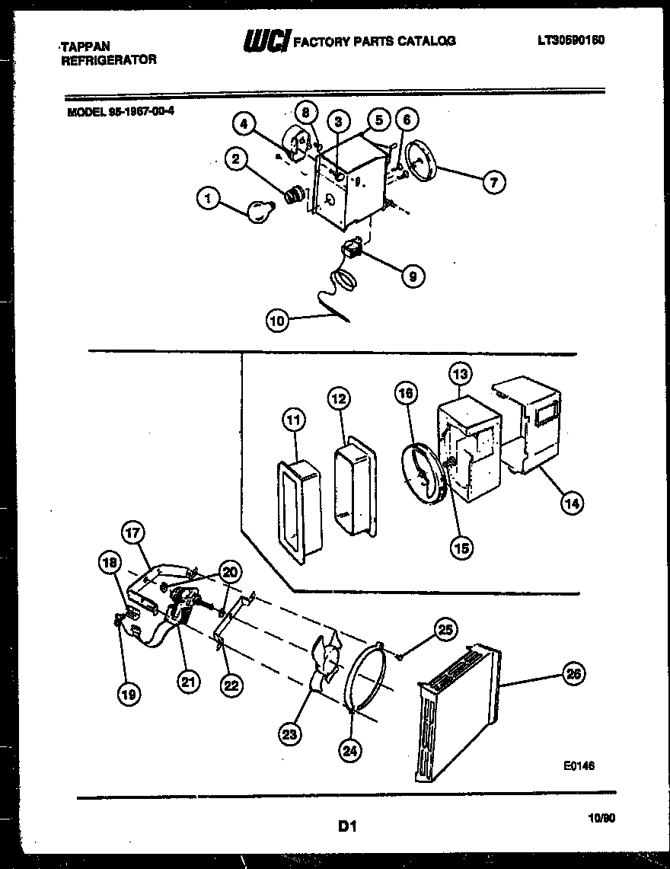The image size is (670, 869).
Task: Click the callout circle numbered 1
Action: point(206,200)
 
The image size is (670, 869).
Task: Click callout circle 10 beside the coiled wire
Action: point(279,321)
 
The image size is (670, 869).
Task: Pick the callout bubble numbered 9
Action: point(412,276)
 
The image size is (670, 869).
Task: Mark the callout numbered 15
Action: point(461,547)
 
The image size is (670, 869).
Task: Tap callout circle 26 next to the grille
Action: point(573,673)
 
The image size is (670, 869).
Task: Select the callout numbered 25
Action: point(445,628)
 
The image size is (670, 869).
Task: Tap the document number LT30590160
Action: point(569,40)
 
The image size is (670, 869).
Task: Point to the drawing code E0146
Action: point(578,766)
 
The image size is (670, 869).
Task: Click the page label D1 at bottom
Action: point(347,826)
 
